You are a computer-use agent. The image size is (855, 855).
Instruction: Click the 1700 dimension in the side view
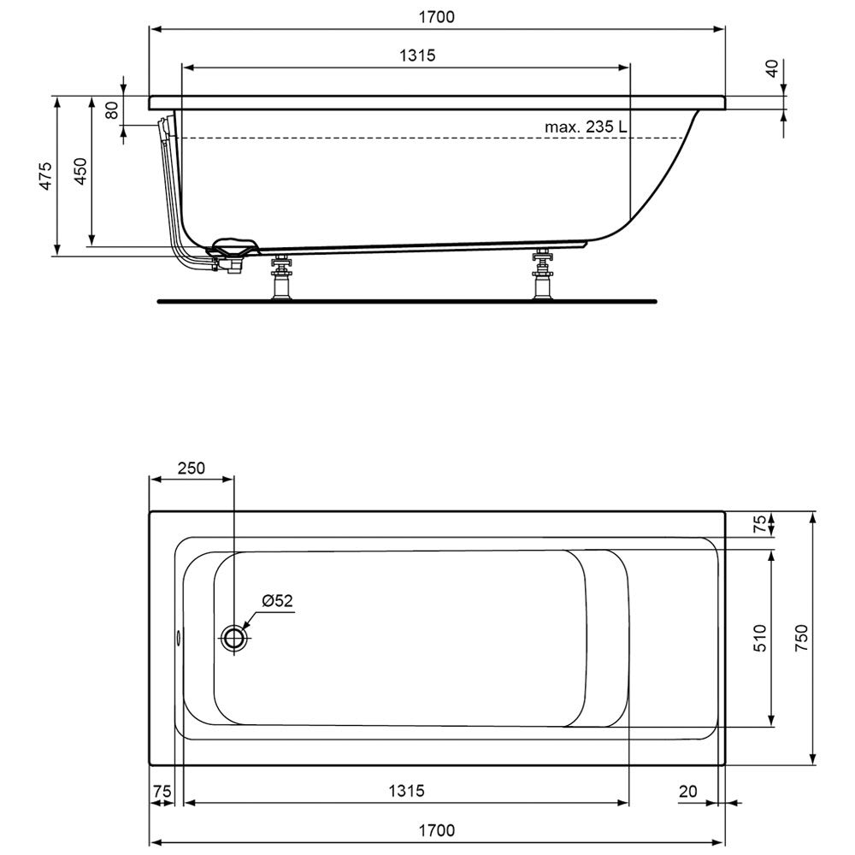436,17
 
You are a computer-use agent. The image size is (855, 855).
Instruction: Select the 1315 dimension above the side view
417,56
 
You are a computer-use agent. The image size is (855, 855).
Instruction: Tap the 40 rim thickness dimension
773,68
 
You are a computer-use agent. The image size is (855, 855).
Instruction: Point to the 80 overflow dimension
112,110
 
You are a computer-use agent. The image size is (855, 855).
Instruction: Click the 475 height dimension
46,175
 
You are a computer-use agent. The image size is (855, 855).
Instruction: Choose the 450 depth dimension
80,171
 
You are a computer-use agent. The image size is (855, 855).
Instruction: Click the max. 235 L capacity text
586,127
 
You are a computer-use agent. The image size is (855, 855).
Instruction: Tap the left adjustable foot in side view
281,276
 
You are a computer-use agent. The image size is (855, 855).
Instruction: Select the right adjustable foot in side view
543,274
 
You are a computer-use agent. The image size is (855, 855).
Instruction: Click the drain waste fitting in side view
232,254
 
